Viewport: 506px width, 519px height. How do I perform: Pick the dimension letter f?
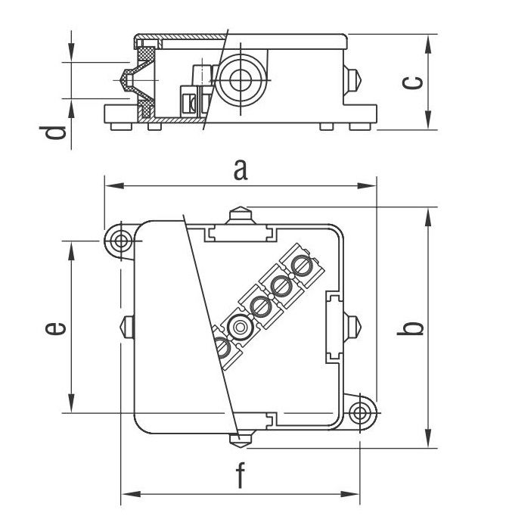241,477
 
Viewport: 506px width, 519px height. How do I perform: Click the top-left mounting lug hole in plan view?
120,241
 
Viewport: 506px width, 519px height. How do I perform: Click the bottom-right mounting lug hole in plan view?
362,411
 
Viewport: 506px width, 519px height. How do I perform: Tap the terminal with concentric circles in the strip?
241,328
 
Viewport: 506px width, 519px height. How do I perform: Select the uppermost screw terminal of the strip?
301,266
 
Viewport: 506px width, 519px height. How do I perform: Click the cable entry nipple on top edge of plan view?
239,215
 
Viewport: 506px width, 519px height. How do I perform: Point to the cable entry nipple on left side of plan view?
126,327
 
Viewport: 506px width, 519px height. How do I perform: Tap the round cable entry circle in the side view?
240,79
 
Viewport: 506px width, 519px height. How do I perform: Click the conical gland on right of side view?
353,79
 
